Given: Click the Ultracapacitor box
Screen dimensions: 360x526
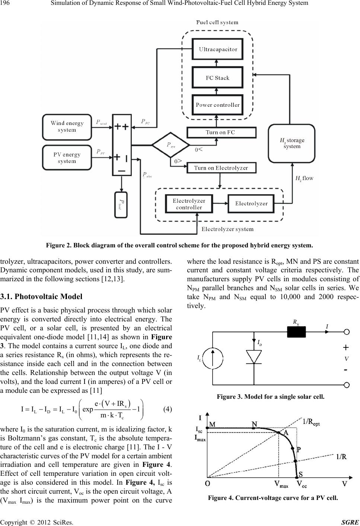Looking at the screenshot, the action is point(217,49).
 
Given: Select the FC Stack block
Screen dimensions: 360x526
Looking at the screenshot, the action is point(217,77).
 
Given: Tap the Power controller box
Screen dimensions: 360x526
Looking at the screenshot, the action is point(217,105).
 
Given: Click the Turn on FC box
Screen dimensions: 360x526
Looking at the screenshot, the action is point(222,132).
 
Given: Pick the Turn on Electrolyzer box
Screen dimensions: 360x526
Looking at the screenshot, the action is point(222,168).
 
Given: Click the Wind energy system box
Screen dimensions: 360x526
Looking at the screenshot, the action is point(67,127).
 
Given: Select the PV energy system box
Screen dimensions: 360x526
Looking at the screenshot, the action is point(67,158).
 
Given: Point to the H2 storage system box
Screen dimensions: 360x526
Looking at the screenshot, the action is point(291,144).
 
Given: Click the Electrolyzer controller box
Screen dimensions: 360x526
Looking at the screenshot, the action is point(189,204).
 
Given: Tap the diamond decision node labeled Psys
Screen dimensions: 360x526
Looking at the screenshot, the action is point(171,145).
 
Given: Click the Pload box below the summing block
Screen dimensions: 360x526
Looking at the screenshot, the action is point(121,205).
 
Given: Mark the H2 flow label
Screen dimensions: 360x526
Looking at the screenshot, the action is point(304,179).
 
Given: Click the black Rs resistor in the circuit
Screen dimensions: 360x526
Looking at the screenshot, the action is point(296,332).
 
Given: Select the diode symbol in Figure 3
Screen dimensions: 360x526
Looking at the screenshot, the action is point(254,357).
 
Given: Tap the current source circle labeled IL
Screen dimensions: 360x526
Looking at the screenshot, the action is point(213,358).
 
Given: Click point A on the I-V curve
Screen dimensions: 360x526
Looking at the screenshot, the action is point(278,432).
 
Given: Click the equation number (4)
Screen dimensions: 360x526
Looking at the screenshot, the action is point(168,409).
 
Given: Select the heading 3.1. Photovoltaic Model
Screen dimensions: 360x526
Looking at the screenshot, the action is point(41,296).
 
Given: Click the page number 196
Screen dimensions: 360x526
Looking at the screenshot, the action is point(5,3).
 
